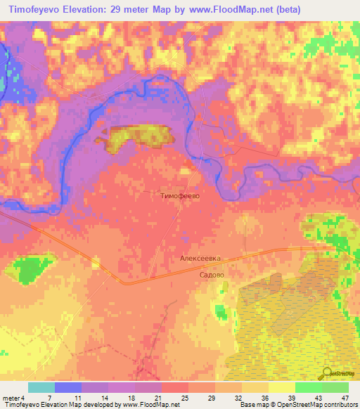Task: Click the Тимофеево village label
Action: tap(181, 197)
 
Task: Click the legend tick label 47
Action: tap(344, 398)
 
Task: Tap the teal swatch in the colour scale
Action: tap(41, 387)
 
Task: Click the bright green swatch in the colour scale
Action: tap(308, 387)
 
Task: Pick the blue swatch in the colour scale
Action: tap(67, 387)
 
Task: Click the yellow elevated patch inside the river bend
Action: tap(137, 137)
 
